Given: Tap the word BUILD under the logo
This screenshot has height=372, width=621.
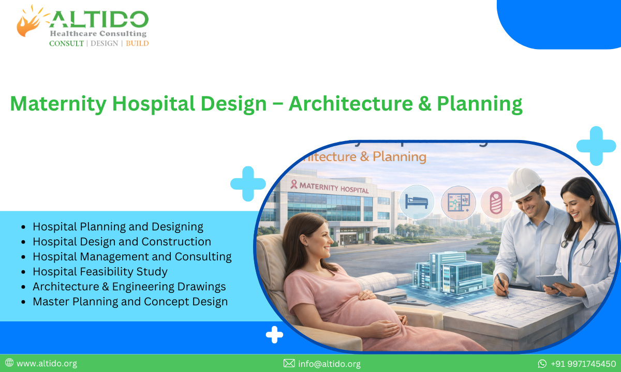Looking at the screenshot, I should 137,43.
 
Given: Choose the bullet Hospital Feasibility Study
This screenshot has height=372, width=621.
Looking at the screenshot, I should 100,271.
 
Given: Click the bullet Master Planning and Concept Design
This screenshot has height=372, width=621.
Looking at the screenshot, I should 130,301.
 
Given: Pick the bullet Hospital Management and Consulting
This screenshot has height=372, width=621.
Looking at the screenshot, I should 132,256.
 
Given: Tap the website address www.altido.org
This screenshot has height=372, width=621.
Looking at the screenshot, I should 47,363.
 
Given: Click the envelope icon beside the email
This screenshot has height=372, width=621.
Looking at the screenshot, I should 289,363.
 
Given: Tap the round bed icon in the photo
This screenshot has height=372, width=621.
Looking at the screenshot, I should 417,202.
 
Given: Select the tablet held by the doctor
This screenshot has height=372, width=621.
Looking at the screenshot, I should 554,282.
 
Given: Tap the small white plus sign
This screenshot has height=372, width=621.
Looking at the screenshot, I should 274,335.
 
